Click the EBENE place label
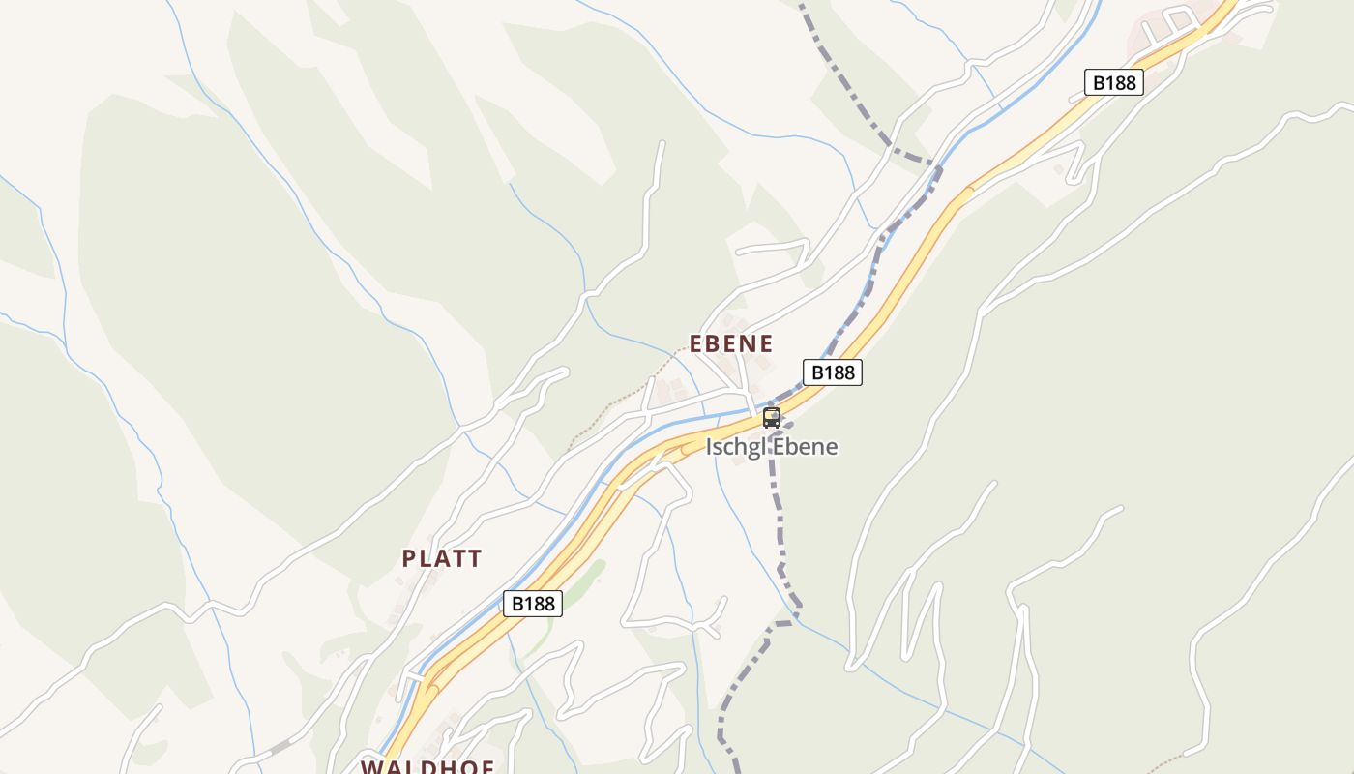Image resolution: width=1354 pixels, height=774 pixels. (730, 343)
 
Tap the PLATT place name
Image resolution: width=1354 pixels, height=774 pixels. (442, 558)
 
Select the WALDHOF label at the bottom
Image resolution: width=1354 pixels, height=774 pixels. (427, 767)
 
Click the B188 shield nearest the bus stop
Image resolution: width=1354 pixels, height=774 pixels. (832, 372)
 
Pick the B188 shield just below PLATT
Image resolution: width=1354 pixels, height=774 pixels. (532, 604)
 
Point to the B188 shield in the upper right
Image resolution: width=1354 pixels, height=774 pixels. (1113, 82)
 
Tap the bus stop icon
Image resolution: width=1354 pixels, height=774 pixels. (772, 418)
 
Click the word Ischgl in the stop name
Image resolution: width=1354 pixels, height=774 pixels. (734, 447)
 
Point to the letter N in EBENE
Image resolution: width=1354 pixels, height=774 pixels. (749, 343)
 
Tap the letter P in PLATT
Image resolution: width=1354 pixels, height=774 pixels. (409, 558)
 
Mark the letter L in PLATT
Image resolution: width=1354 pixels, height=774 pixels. (426, 558)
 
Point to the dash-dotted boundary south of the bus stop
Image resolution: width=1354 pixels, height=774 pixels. (780, 522)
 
